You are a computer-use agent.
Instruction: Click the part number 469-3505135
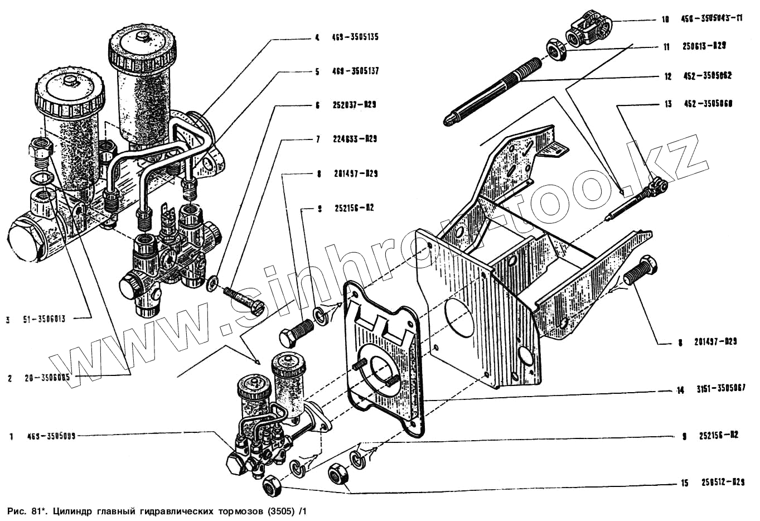(x=355, y=38)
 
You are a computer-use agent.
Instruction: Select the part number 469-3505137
(x=355, y=72)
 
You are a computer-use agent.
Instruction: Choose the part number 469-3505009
(x=50, y=437)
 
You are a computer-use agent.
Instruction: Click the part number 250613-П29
(x=704, y=47)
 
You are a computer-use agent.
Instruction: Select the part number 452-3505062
(x=705, y=76)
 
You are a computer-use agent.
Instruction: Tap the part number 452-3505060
(x=705, y=104)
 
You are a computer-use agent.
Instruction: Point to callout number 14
(x=680, y=390)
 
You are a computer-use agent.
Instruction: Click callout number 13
(x=668, y=104)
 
